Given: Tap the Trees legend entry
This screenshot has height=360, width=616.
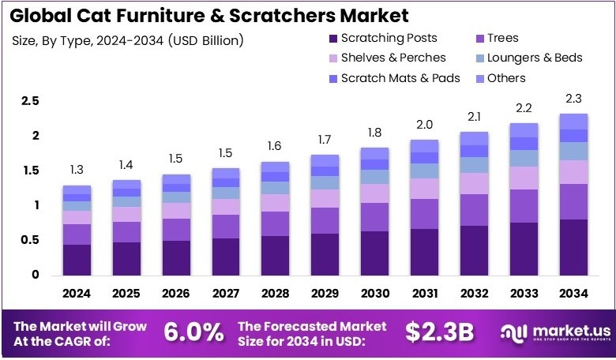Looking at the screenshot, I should [502, 38].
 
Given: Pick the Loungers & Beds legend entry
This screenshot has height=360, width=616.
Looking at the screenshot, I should [534, 58].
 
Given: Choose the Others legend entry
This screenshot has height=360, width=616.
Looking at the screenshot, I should [506, 78].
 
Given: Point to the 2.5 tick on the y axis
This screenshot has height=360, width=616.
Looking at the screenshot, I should [30, 101].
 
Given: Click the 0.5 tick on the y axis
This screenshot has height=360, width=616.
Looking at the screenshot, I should [30, 240].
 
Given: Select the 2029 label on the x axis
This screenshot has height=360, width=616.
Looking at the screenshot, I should [325, 294].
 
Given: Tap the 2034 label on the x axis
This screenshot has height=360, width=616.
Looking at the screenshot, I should [573, 294].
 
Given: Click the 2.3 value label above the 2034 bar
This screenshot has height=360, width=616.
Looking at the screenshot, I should [573, 98].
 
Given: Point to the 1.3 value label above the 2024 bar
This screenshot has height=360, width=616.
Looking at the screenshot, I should [76, 170].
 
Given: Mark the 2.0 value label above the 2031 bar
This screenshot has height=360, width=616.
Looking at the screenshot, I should [424, 124].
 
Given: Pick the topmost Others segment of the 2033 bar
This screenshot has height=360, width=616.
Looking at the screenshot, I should [524, 129].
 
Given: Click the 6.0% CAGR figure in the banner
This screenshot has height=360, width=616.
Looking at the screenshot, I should [193, 332].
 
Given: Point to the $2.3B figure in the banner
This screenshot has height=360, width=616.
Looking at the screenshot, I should [440, 332].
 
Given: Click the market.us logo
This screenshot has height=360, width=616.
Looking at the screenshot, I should [550, 332].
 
